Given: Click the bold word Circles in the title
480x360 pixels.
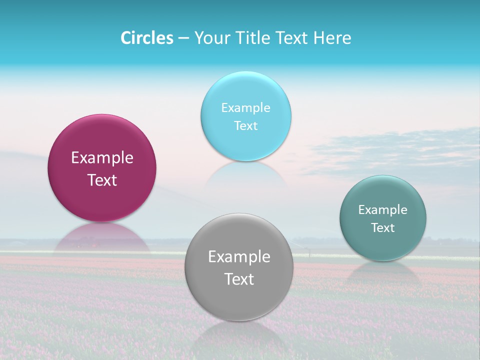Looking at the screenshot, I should [x=147, y=38].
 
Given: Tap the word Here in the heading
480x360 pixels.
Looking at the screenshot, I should [x=332, y=38].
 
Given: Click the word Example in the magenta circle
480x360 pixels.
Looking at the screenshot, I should [x=102, y=158].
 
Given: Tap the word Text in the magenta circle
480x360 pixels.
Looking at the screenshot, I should [x=102, y=180].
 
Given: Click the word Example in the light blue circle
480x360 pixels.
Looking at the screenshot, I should [x=245, y=108].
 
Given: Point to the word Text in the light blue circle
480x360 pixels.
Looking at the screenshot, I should [x=245, y=126].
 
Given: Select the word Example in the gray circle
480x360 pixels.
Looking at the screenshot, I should [x=239, y=257].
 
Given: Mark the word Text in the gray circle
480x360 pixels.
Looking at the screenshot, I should [x=239, y=279].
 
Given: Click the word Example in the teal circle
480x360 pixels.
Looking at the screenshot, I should [x=383, y=210].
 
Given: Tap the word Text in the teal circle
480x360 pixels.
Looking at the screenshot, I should [x=383, y=228].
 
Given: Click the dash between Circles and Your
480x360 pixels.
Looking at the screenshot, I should [x=183, y=38].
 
